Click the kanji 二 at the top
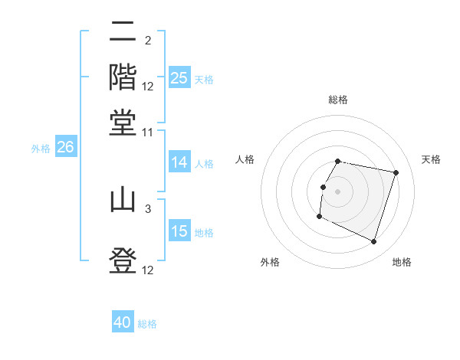point(123,33)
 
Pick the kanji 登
point(123,260)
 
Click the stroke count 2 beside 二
point(147,41)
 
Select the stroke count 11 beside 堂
point(148,132)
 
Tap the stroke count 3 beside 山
point(147,208)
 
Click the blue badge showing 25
point(179,77)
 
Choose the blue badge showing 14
point(179,162)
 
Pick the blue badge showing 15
point(179,231)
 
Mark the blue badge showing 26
point(65,147)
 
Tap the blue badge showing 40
point(123,322)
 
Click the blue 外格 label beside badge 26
point(41,149)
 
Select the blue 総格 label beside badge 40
point(147,324)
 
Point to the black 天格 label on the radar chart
point(431,159)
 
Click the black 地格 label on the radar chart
point(402,262)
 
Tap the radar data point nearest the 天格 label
point(396,173)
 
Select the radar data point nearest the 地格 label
point(373,241)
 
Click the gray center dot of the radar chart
point(337,191)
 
